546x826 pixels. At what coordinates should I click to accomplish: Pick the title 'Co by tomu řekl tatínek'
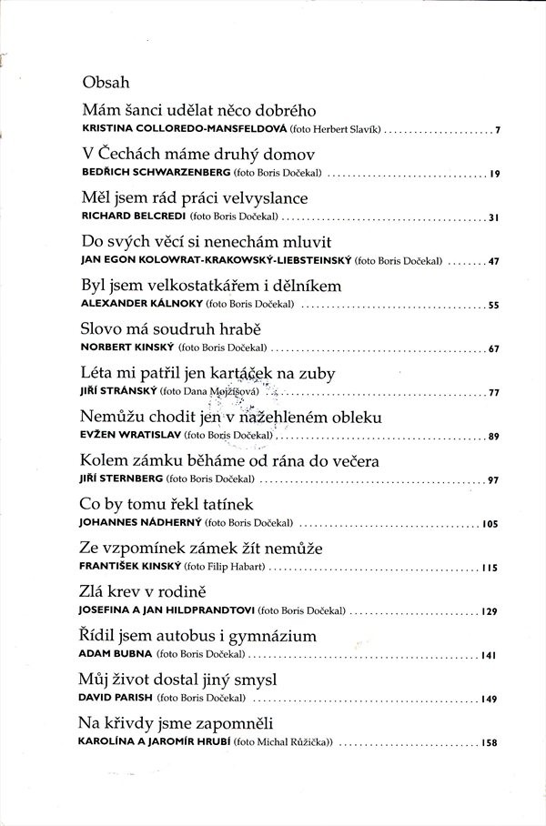pos(167,505)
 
